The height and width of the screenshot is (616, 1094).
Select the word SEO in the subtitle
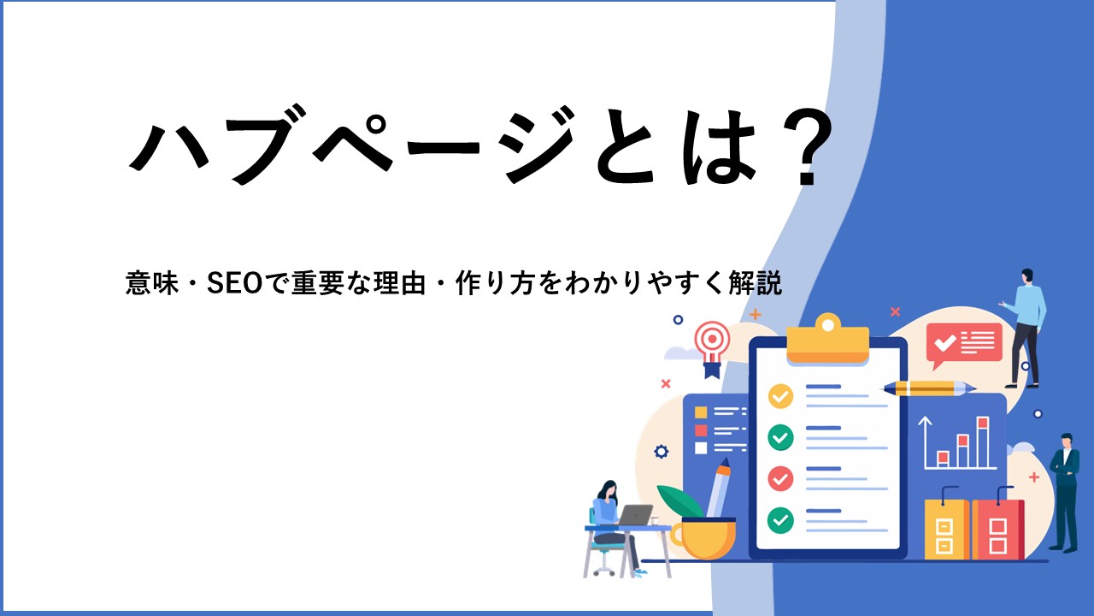[235, 283]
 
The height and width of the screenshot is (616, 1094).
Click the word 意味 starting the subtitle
[152, 283]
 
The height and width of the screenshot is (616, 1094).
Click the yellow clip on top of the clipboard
[828, 340]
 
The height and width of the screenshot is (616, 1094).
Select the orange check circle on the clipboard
[780, 396]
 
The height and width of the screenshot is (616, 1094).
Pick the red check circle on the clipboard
[780, 478]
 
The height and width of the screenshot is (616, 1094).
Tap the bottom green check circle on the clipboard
[780, 519]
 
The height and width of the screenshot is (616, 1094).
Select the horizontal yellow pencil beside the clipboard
[927, 388]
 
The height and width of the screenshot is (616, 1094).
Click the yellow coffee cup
[703, 538]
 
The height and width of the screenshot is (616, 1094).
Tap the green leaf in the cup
[680, 501]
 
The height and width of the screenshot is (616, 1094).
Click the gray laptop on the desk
[634, 515]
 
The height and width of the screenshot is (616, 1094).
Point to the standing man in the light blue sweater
[1025, 328]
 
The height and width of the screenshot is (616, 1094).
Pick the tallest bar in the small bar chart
[983, 442]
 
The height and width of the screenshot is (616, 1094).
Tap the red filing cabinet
[997, 529]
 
